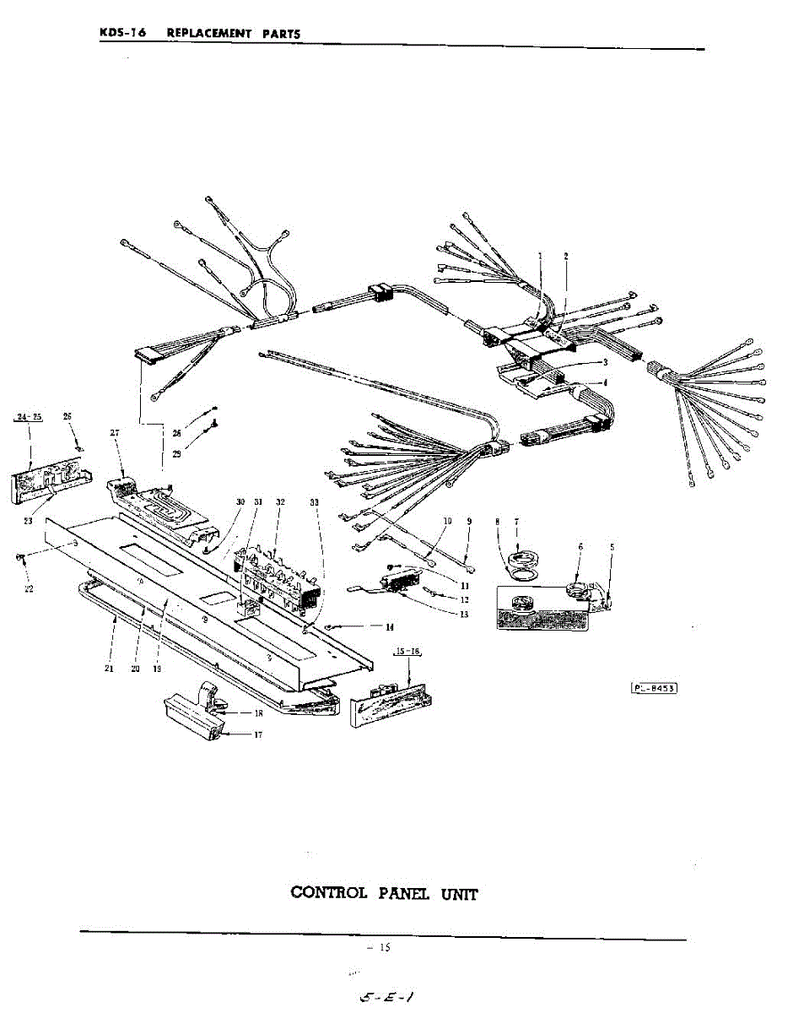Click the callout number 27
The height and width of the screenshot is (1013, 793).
pos(114,432)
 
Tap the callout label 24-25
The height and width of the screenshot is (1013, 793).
pos(30,416)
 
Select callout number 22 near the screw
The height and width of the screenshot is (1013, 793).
pos(29,588)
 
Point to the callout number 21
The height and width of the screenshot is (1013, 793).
pos(109,669)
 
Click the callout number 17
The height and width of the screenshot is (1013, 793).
pos(258,734)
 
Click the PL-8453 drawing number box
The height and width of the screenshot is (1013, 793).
pos(655,687)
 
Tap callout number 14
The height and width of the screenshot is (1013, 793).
pos(389,627)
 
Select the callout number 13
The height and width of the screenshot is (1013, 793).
pos(465,615)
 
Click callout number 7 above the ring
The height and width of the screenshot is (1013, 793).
pos(516,523)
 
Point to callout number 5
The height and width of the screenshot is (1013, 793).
pos(612,547)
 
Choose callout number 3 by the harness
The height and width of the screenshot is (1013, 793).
pos(605,361)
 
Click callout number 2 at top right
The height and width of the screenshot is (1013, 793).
pos(566,256)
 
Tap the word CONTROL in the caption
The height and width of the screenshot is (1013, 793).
pos(328,892)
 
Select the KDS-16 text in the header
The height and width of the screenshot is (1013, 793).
pos(123,33)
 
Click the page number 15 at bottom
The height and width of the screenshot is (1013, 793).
pos(384,948)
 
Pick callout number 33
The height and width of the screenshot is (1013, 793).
pos(315,501)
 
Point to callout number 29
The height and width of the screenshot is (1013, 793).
pos(177,454)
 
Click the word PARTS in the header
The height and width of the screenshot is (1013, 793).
pos(280,34)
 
